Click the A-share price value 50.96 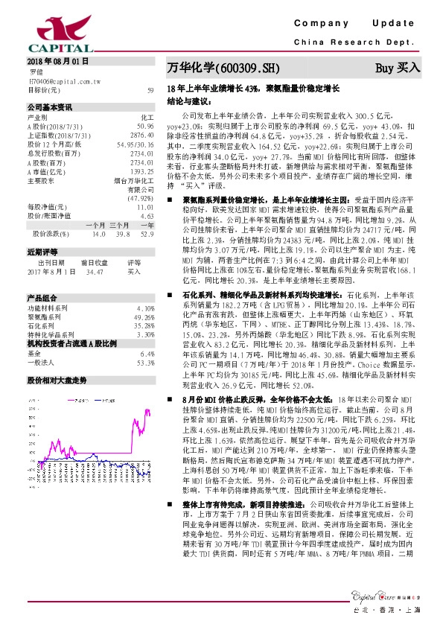point(146,126)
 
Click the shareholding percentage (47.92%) point(141,199)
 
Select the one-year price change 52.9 point(147,233)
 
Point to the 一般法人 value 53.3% point(145,363)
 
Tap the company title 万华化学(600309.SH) point(223,68)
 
